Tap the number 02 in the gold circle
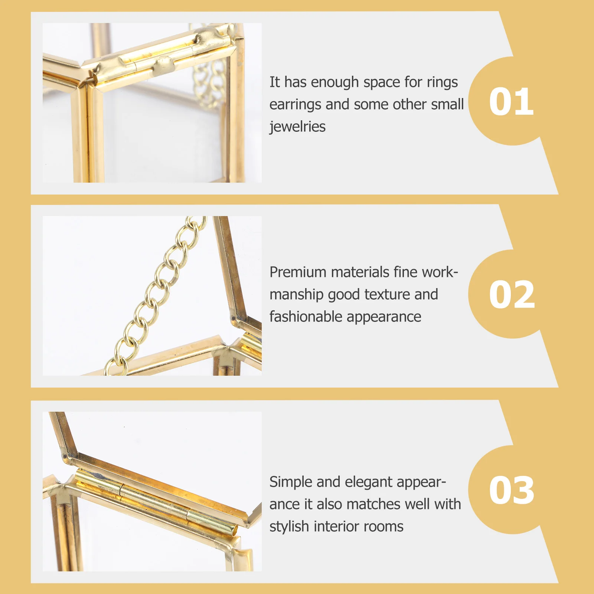(512, 294)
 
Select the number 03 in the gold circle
(512, 490)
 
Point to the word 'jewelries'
(297, 127)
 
